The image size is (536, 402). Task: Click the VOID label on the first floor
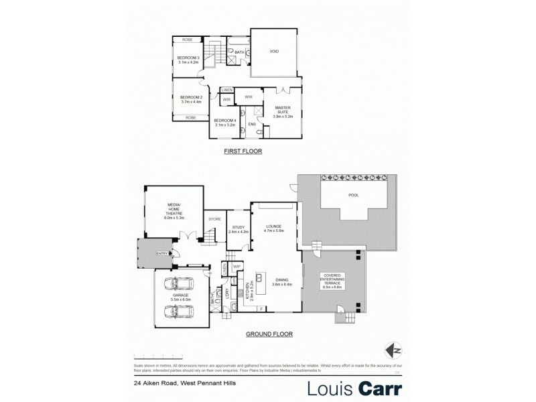pos(274,51)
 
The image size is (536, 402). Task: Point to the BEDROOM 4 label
pos(224,122)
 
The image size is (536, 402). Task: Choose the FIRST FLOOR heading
pos(243,152)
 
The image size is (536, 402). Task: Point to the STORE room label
pos(214,219)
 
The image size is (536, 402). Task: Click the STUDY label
pos(239,229)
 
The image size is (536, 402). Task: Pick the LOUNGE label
pos(273,228)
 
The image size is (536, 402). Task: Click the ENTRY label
pos(161,253)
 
